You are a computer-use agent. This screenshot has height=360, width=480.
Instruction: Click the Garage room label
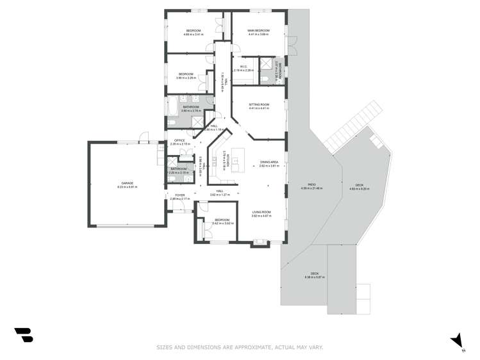pyautogui.click(x=128, y=184)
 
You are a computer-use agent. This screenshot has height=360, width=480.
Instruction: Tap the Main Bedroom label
pyautogui.click(x=258, y=32)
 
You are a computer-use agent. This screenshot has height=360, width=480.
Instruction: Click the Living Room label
pyautogui.click(x=261, y=214)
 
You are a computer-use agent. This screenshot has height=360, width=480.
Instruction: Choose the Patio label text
pyautogui.click(x=312, y=186)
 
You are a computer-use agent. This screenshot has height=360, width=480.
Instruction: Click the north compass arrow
pyautogui.click(x=456, y=340)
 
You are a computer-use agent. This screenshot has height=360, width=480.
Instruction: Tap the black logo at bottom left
pyautogui.click(x=24, y=334)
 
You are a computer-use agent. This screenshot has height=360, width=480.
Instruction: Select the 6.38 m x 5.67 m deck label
pyautogui.click(x=315, y=275)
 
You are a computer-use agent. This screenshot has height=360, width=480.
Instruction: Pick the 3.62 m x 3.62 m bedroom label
pyautogui.click(x=222, y=222)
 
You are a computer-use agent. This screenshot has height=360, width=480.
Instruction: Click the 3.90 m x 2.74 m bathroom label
pyautogui.click(x=191, y=108)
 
